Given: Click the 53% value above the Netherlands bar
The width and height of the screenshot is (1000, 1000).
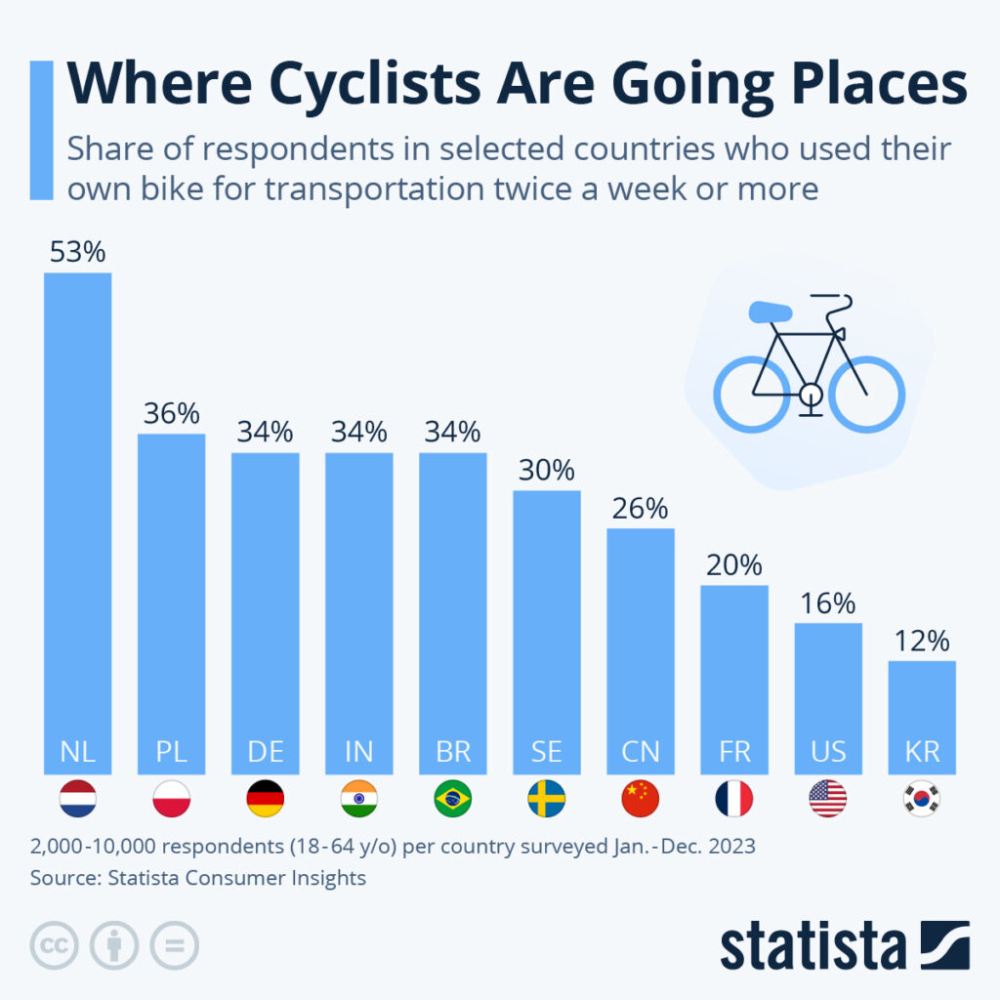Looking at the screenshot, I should [77, 253].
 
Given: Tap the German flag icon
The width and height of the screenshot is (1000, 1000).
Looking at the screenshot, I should [265, 799].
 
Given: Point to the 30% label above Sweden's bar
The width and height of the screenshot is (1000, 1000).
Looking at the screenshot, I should [547, 471].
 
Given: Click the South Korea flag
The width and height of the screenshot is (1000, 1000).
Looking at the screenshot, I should [921, 799].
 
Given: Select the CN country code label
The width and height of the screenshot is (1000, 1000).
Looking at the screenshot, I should [641, 752].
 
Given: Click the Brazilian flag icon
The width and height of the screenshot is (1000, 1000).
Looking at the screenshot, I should [452, 799].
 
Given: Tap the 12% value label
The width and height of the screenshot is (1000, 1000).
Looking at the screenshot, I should [921, 642].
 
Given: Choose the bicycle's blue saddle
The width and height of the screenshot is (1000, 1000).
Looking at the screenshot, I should [772, 312].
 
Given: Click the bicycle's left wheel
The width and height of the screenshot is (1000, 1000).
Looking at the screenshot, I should [751, 395].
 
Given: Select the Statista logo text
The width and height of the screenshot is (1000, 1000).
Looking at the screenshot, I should [812, 946].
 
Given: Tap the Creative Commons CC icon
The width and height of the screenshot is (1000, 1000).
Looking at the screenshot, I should [54, 945].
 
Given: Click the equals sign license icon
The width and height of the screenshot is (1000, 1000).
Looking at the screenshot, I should [174, 945].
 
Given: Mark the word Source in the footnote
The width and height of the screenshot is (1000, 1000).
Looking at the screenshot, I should [62, 877].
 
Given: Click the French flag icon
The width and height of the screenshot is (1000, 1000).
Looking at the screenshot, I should [733, 799].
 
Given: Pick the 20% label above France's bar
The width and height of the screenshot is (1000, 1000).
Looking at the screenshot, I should [733, 565].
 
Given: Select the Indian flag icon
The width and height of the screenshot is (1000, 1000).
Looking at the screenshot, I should [358, 799].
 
